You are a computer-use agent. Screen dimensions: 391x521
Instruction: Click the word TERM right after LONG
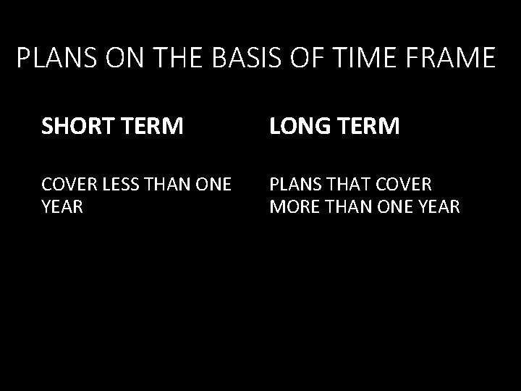coord(368,127)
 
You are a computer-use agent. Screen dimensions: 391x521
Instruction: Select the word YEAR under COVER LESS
coord(62,208)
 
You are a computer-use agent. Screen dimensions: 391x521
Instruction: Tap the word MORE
coord(292,208)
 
